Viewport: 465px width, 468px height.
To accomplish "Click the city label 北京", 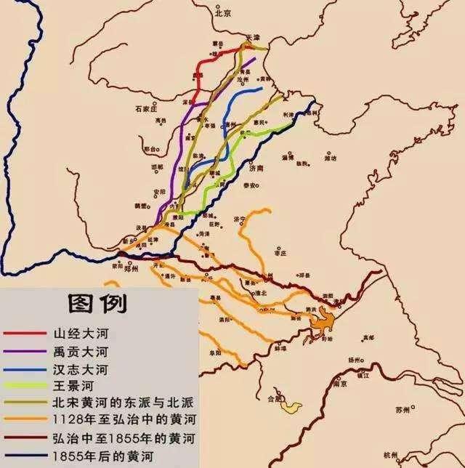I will click(x=222, y=13).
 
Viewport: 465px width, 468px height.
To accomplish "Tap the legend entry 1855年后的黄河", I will click(x=100, y=456).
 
